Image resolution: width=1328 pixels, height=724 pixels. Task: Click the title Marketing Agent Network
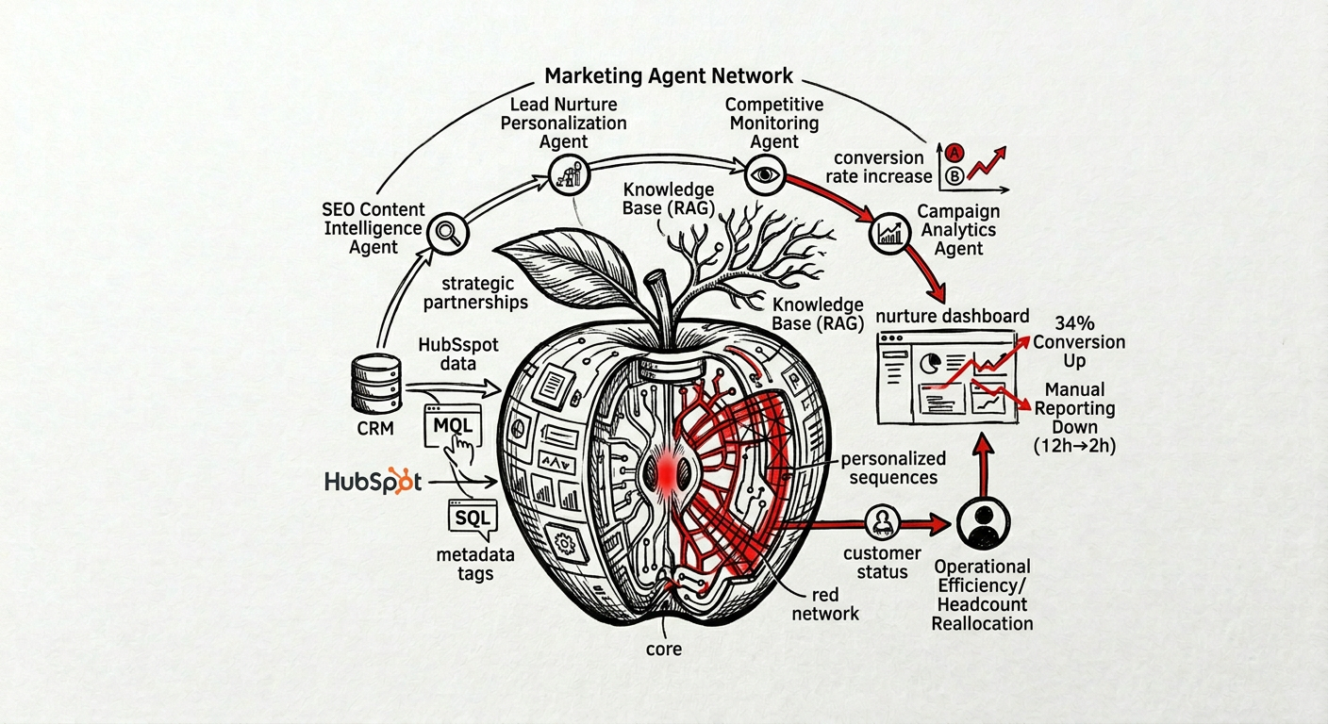click(669, 75)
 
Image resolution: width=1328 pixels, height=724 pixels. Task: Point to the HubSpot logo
click(372, 481)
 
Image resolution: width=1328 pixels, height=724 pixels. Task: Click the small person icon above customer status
click(883, 520)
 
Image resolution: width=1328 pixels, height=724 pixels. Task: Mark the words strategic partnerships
click(475, 292)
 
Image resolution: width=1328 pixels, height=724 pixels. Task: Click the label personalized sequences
click(893, 468)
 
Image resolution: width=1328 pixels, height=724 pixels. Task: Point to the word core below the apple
click(664, 649)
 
